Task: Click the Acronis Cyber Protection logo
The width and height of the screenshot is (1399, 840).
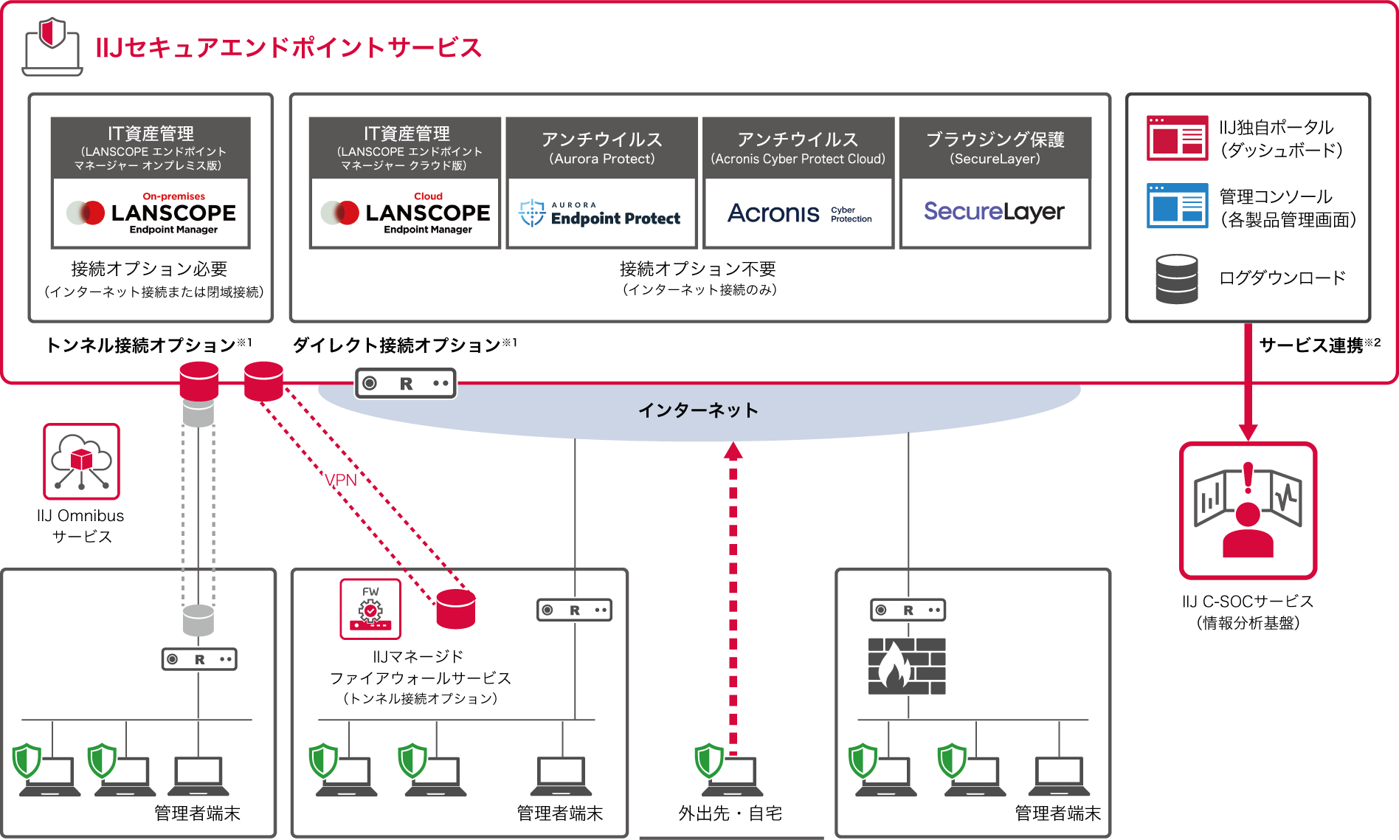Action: click(798, 213)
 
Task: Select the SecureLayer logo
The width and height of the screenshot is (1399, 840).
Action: click(994, 212)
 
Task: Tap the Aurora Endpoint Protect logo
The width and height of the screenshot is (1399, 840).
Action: click(600, 213)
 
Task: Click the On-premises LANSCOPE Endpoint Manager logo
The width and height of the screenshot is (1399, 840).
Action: click(151, 213)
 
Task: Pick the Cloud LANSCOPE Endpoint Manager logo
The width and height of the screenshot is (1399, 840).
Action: click(405, 213)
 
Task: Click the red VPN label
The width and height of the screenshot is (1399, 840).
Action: click(340, 481)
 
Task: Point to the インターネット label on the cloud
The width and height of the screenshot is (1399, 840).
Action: click(698, 410)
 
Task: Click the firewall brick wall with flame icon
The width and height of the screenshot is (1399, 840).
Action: click(907, 667)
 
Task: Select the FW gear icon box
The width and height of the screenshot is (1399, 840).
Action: click(370, 609)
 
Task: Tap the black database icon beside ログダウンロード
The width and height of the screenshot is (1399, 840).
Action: click(1177, 279)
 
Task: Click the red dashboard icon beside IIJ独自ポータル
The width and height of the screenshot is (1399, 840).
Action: click(1177, 138)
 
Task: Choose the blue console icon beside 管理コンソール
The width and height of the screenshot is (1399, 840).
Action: click(1177, 206)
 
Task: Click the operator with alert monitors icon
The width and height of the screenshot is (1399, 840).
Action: click(1248, 510)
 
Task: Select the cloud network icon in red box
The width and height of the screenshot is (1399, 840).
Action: click(81, 461)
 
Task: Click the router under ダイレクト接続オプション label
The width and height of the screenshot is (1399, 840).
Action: click(406, 383)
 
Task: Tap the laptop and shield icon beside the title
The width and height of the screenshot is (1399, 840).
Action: click(52, 47)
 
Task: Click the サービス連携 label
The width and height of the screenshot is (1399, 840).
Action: click(1310, 345)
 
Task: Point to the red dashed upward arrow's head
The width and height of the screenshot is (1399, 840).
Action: click(733, 451)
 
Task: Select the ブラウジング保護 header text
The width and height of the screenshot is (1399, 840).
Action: click(995, 140)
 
